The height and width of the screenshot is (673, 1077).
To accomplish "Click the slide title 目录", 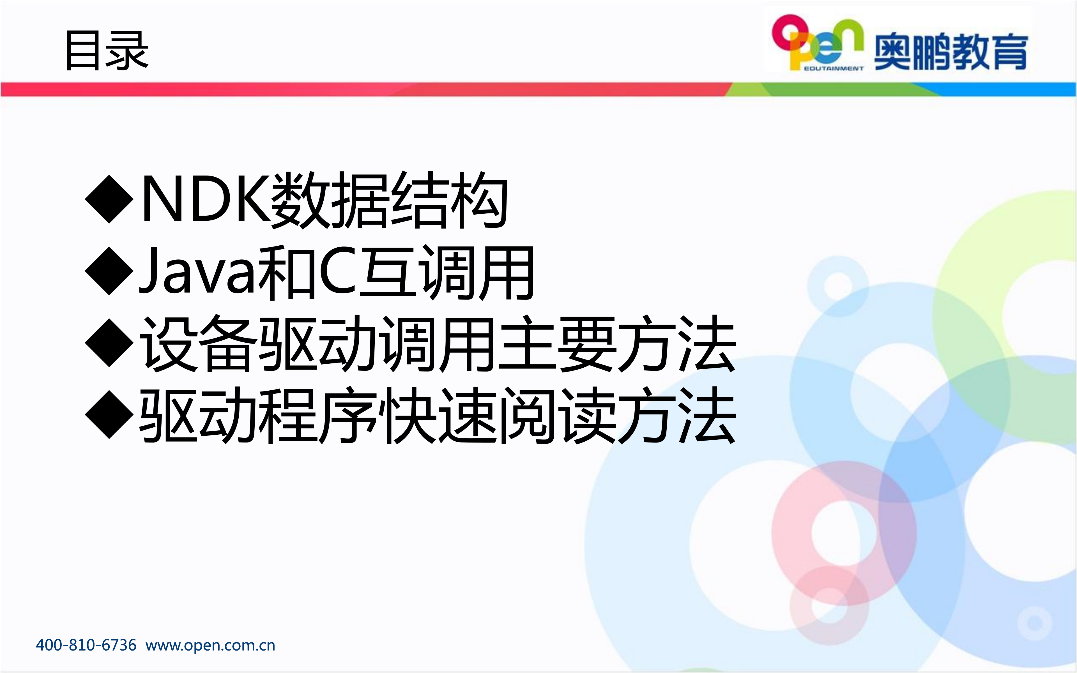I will click(107, 51).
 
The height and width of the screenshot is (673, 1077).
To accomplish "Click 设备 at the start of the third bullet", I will click(198, 344).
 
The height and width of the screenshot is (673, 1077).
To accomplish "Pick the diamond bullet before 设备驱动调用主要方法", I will click(109, 343).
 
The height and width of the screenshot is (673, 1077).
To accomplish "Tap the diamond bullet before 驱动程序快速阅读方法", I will click(109, 415).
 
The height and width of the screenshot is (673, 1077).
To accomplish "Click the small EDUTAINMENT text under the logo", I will click(834, 68).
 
